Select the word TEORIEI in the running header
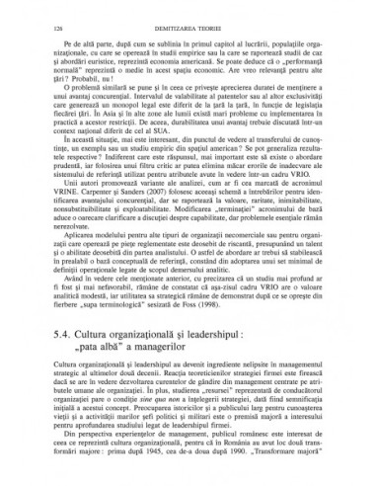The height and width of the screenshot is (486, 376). pyautogui.click(x=228, y=31)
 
